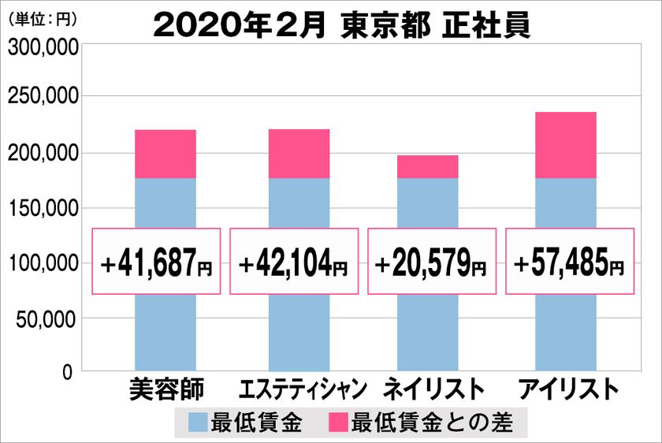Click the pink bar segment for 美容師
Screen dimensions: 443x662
point(165,154)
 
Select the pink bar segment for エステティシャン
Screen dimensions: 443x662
point(299,154)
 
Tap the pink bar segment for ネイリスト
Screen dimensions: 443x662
point(427,166)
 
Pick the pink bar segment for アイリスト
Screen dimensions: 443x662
point(565,145)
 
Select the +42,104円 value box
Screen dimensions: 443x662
point(294,262)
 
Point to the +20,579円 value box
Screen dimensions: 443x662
point(432,262)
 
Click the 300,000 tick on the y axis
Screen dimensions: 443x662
point(43,47)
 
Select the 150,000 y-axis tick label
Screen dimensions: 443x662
point(43,208)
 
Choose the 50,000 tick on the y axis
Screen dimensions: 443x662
point(47,319)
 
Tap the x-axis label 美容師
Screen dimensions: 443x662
point(165,389)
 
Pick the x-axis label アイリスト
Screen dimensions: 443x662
point(566,389)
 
